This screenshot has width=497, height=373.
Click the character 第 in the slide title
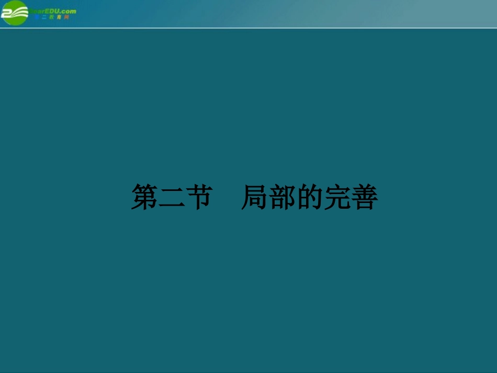(144, 197)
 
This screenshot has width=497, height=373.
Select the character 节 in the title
(198, 197)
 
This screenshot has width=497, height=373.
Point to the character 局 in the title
(255, 197)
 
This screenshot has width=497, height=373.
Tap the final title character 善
(364, 197)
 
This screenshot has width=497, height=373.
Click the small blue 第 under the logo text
(37, 17)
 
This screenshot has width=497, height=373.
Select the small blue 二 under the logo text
(43, 17)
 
